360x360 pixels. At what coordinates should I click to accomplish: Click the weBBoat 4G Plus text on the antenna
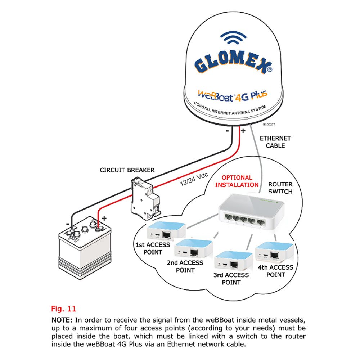[x=232, y=95]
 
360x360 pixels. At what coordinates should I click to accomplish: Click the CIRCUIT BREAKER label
[x=127, y=170]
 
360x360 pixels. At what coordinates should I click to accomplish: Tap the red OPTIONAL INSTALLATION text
[x=237, y=181]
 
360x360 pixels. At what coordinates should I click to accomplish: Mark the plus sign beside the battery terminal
[x=105, y=218]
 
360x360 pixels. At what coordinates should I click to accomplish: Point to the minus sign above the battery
[x=67, y=223]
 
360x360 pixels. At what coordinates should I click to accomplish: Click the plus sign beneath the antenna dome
[x=243, y=130]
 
